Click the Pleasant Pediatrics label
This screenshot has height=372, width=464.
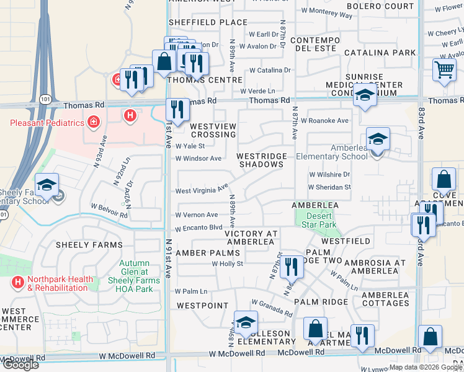(x=47, y=123)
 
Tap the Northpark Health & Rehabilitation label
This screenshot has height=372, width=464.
(x=51, y=283)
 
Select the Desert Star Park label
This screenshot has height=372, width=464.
(x=321, y=220)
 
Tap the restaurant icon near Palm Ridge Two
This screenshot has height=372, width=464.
(x=290, y=267)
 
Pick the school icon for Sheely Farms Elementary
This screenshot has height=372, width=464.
(x=47, y=185)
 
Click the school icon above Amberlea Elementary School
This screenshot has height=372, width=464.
(x=377, y=139)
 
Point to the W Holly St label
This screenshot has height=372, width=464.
(x=228, y=263)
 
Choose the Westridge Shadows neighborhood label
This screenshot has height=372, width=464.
(x=260, y=161)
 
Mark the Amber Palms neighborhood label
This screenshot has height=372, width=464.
(x=207, y=253)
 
